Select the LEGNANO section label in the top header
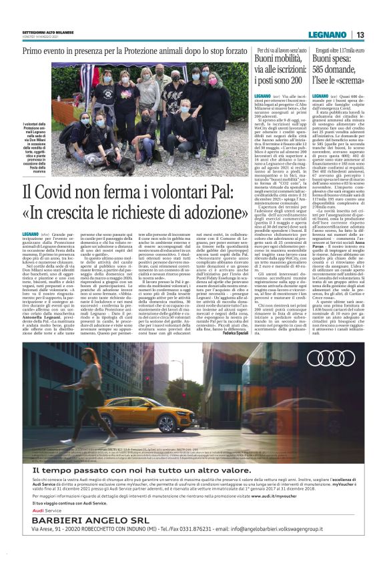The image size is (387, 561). [x=332, y=35]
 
